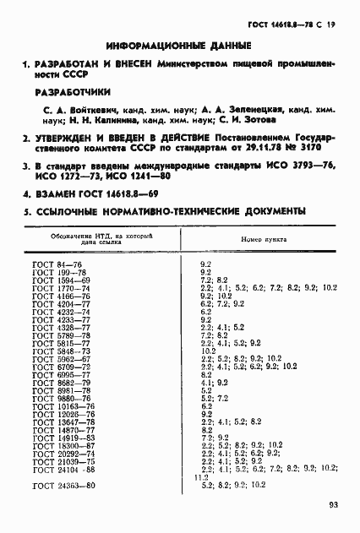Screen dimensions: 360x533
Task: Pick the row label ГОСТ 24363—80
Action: tap(63, 485)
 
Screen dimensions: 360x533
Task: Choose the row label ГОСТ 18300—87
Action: tap(63, 445)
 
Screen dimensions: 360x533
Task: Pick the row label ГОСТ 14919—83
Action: tap(63, 438)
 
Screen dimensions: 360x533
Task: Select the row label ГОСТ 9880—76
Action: tap(61, 398)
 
